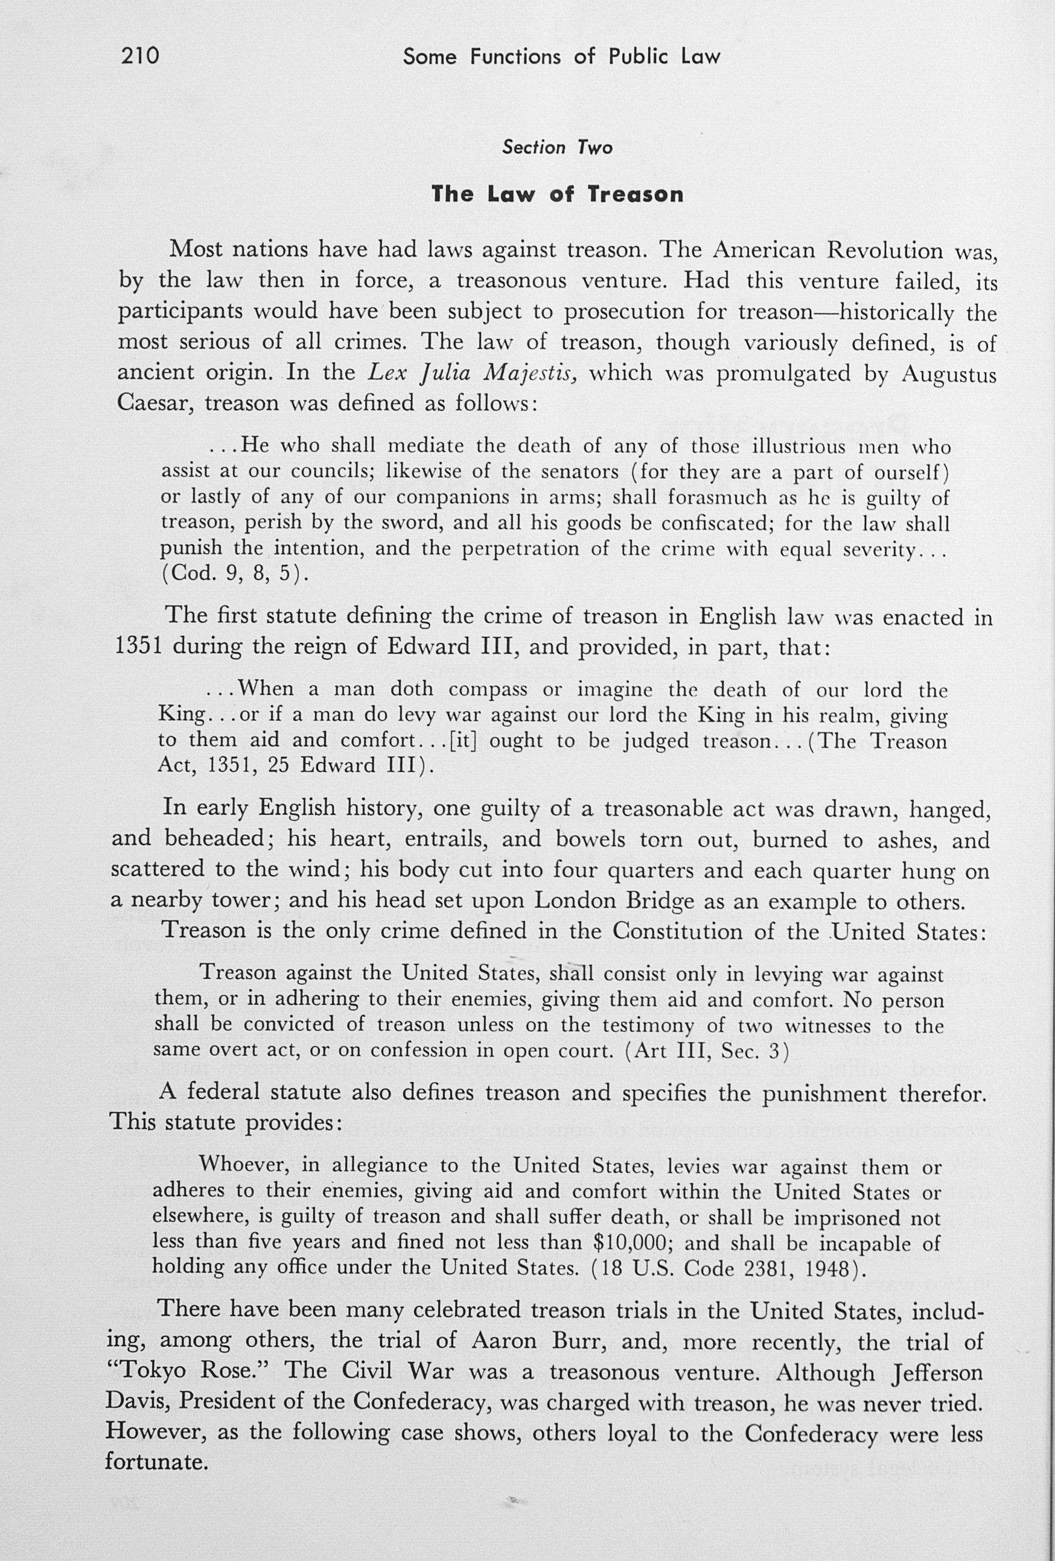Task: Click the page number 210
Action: click(x=141, y=55)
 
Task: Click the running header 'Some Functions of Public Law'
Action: click(x=561, y=57)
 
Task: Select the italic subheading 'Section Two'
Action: click(x=557, y=148)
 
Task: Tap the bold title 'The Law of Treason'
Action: click(x=557, y=195)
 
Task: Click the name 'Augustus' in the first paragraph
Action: click(x=949, y=373)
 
